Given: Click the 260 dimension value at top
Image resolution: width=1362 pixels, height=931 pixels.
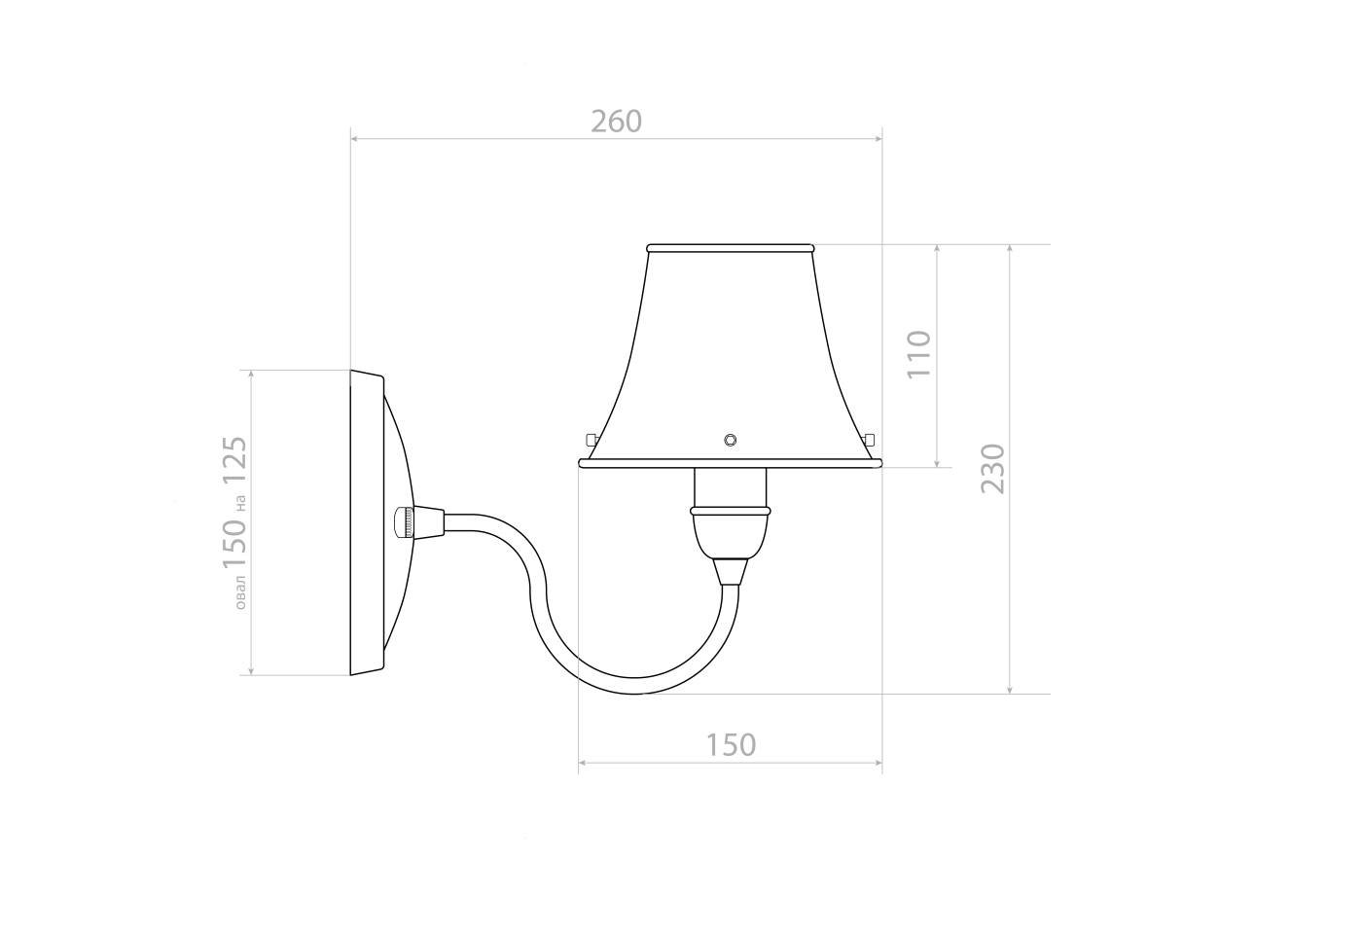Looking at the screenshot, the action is point(617,122).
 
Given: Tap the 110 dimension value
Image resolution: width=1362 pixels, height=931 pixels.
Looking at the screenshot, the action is point(918,354).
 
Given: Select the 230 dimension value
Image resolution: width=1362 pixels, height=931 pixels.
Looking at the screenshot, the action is point(993,469).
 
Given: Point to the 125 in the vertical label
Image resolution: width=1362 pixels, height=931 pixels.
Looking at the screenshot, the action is point(235,460).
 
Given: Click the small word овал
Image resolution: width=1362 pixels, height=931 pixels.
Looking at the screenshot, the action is point(241,592).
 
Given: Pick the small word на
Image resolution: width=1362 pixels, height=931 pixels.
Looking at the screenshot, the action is point(241,503).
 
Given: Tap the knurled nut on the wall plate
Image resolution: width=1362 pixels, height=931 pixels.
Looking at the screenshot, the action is point(404,522).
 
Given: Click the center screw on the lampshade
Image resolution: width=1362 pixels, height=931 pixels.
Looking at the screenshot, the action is point(731,440).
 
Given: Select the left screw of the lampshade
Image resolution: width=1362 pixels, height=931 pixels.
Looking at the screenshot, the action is point(591,439).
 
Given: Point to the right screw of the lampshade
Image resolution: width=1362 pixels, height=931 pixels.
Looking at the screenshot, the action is point(869,439).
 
